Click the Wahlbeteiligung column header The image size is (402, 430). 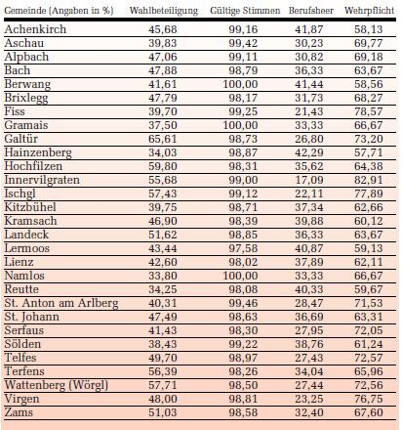point(164,11)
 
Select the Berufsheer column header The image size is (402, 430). point(311,11)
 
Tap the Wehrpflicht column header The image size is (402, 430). point(370,11)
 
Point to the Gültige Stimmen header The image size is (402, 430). point(245,11)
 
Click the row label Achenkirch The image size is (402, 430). point(35,29)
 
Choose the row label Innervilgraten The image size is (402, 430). point(42,180)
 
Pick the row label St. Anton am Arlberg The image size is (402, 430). point(61,303)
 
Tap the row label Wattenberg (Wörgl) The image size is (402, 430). point(57,385)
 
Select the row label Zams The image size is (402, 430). point(19,412)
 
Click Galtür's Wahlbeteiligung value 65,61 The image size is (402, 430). point(163,139)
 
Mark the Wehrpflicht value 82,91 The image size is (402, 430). point(369,180)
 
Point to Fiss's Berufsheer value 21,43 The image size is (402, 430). point(309,111)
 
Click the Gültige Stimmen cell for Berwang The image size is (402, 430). point(240,84)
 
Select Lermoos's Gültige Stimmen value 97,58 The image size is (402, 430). point(243,248)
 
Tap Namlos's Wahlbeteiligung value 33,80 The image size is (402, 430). point(163,276)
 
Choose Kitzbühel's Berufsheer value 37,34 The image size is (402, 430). point(309,207)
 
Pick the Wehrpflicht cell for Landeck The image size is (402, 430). point(369,235)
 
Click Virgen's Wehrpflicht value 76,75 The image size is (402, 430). point(369,399)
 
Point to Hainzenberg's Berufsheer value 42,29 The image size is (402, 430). point(309,152)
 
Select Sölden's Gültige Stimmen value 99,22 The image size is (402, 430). point(243,344)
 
